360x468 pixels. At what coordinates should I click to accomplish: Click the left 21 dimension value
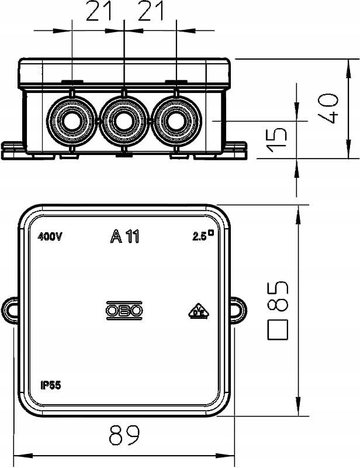pyautogui.click(x=99, y=11)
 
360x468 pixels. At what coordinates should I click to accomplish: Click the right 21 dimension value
pyautogui.click(x=151, y=11)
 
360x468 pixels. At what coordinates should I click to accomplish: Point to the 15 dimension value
pyautogui.click(x=277, y=140)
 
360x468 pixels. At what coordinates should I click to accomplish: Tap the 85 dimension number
pyautogui.click(x=278, y=296)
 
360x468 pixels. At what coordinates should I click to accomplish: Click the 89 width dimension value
pyautogui.click(x=124, y=435)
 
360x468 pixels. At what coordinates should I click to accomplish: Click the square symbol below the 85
pyautogui.click(x=278, y=330)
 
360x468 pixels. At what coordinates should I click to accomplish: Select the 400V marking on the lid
pyautogui.click(x=50, y=237)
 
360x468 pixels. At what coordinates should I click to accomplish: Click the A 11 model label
pyautogui.click(x=124, y=236)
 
